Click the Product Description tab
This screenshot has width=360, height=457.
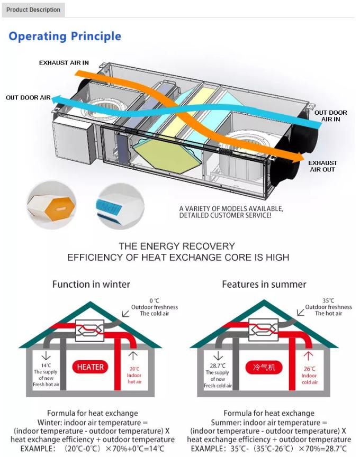click(x=33, y=10)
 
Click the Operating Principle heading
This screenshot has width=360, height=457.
click(x=65, y=36)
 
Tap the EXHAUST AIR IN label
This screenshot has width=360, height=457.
click(x=64, y=63)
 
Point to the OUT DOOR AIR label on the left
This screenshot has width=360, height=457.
click(x=28, y=98)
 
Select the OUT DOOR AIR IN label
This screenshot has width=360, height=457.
click(x=330, y=116)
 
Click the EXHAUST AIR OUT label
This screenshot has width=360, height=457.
click(x=322, y=166)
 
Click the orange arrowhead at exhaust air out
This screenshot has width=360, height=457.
click(x=300, y=157)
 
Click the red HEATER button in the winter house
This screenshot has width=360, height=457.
click(x=91, y=367)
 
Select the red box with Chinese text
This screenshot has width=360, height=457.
click(x=264, y=367)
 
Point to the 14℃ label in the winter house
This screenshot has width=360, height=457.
click(x=46, y=365)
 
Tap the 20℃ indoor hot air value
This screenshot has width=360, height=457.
click(x=134, y=369)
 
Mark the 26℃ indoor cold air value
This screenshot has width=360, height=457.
click(x=309, y=369)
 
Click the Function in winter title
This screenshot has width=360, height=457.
click(x=91, y=284)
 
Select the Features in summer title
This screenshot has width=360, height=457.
click(x=264, y=284)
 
